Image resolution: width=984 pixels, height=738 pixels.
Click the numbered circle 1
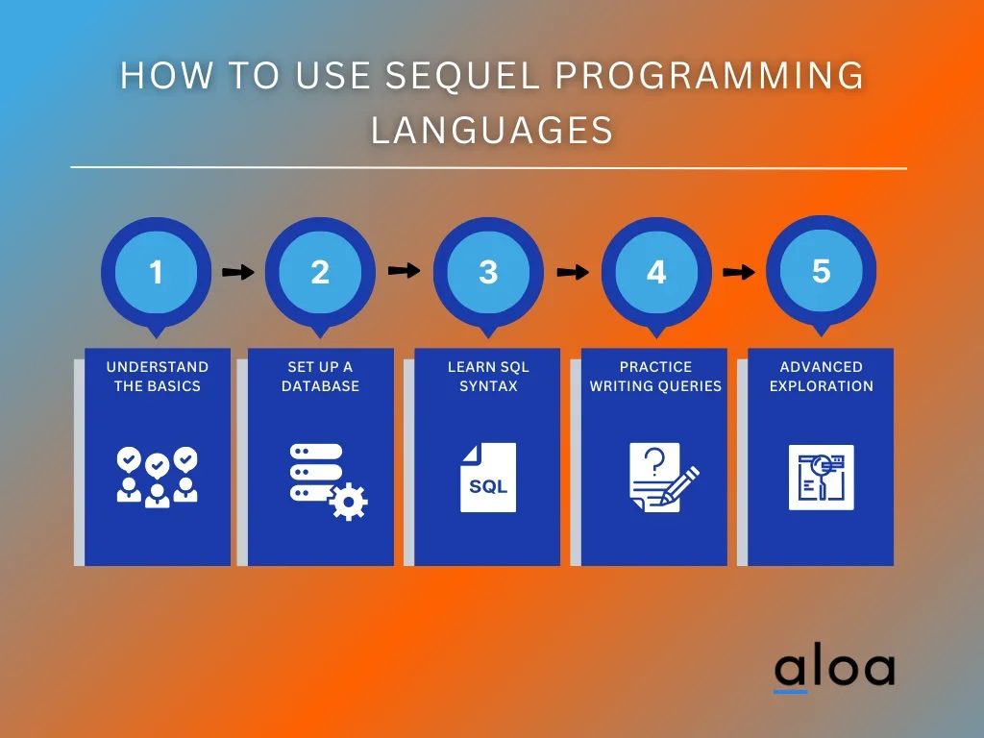[x=157, y=272]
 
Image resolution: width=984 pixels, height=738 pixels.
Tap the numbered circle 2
[x=320, y=272]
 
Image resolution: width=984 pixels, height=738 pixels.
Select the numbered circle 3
[x=488, y=272]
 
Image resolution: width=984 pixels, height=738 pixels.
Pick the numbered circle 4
[x=656, y=272]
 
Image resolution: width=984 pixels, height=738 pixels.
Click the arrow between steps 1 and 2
[x=238, y=272]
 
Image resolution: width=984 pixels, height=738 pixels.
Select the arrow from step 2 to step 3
[x=405, y=270]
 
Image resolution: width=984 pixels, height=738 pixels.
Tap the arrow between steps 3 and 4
[x=573, y=272]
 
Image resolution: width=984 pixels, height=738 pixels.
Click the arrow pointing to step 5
[x=739, y=272]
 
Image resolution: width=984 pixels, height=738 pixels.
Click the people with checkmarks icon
[x=157, y=477]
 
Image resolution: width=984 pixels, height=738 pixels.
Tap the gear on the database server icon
[x=348, y=501]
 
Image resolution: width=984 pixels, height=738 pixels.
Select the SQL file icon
[x=488, y=478]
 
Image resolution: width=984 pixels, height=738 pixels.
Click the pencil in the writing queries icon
[x=679, y=485]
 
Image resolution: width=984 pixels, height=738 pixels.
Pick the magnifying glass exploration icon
[x=821, y=477]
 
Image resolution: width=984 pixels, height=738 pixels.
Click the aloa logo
[x=835, y=670]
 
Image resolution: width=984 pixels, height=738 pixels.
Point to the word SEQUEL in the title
[x=462, y=75]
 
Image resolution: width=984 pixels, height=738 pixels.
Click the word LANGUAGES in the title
[x=492, y=131]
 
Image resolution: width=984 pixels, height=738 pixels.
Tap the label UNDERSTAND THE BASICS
[x=157, y=376]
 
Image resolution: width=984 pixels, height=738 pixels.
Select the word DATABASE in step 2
[x=320, y=386]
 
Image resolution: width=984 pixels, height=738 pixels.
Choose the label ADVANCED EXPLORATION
[x=821, y=376]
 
